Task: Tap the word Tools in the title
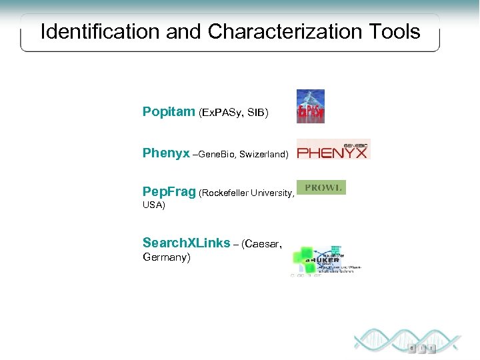pos(394,31)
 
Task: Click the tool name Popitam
pos(169,112)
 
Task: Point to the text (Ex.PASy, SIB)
pos(233,113)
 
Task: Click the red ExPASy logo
pos(311,107)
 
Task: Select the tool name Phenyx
pos(166,153)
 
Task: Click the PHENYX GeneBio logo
pos(333,149)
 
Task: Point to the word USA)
pos(154,205)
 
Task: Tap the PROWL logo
pos(323,188)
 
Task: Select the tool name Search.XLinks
pos(186,243)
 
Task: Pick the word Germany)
pos(167,257)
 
